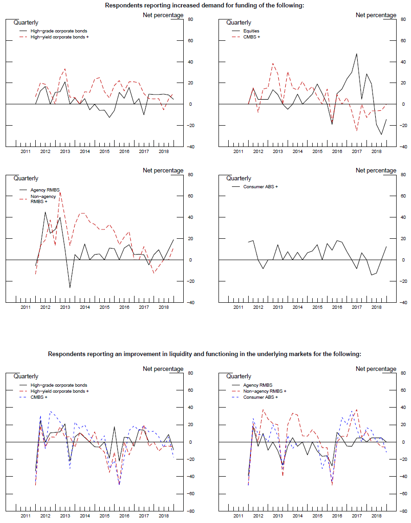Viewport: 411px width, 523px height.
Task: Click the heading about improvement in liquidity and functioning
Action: (204, 354)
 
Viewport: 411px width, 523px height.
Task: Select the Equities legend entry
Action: (251, 31)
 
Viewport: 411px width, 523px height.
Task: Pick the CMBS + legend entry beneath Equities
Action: (252, 37)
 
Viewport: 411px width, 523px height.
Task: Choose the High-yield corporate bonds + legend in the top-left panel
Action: (59, 37)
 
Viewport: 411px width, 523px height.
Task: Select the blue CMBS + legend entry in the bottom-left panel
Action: (40, 397)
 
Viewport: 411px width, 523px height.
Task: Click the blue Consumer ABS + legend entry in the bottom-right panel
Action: (260, 397)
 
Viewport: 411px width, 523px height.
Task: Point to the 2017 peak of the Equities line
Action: (357, 54)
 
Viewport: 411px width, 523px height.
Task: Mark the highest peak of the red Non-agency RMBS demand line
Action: (60, 192)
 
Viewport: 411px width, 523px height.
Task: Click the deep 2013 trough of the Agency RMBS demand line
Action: (70, 288)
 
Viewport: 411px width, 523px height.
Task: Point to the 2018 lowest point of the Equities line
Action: (381, 134)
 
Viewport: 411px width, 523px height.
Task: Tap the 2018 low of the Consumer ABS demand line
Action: (372, 275)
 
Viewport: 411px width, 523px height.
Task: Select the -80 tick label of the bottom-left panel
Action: (190, 511)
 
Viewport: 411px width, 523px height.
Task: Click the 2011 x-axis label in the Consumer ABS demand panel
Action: (238, 307)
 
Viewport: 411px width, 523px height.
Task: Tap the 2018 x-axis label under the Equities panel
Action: (376, 152)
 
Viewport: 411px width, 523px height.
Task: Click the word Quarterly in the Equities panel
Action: (238, 23)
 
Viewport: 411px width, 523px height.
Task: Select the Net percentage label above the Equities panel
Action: (376, 15)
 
